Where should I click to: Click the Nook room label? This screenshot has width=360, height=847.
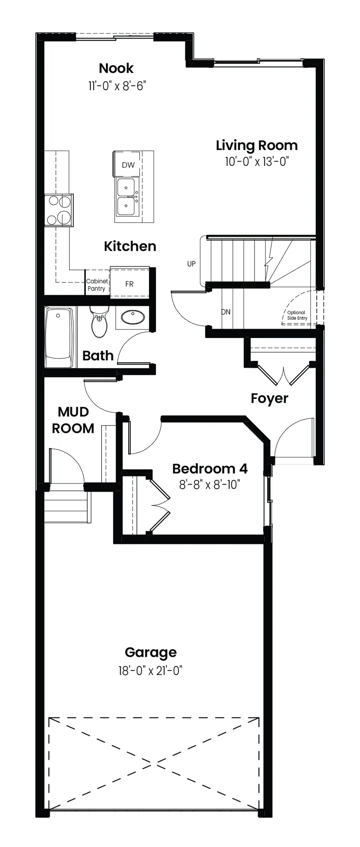tap(116, 68)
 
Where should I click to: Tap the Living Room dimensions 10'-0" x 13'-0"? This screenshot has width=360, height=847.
tap(257, 162)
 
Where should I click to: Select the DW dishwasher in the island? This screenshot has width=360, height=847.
tap(128, 165)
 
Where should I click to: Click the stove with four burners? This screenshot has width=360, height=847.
tap(59, 210)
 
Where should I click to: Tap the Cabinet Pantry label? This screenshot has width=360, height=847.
tap(97, 285)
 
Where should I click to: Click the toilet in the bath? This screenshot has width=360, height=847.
tap(99, 321)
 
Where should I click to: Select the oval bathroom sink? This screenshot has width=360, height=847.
tap(132, 317)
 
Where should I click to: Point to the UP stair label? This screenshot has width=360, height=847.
tap(191, 264)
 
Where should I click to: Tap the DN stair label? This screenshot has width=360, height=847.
tap(226, 312)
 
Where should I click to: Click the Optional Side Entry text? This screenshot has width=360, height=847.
tap(297, 315)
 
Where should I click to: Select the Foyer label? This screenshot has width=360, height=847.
tap(269, 399)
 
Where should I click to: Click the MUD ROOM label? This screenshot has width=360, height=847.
tap(73, 420)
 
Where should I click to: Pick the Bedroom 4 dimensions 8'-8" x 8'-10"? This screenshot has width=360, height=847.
tap(210, 484)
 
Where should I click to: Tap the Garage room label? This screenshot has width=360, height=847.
tap(151, 653)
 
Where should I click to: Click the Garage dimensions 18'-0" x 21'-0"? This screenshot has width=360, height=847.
tap(150, 670)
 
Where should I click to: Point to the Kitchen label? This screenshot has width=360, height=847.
tap(130, 246)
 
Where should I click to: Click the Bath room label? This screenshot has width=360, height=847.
tap(98, 355)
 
